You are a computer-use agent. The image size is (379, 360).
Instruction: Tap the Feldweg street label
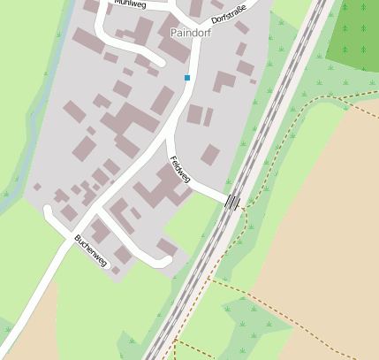pyautogui.click(x=180, y=167)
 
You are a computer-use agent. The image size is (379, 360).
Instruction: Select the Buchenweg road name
pyautogui.click(x=91, y=250)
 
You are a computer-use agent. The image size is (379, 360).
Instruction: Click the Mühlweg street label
pyautogui.click(x=130, y=4)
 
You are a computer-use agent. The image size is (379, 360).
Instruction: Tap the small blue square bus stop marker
pyautogui.click(x=187, y=78)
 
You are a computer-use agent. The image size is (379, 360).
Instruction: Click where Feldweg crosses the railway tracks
pyautogui.click(x=232, y=202)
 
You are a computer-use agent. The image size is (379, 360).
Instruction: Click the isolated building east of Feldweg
pyautogui.click(x=210, y=155)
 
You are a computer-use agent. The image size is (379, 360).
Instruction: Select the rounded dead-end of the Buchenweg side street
pyautogui.click(x=164, y=260)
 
